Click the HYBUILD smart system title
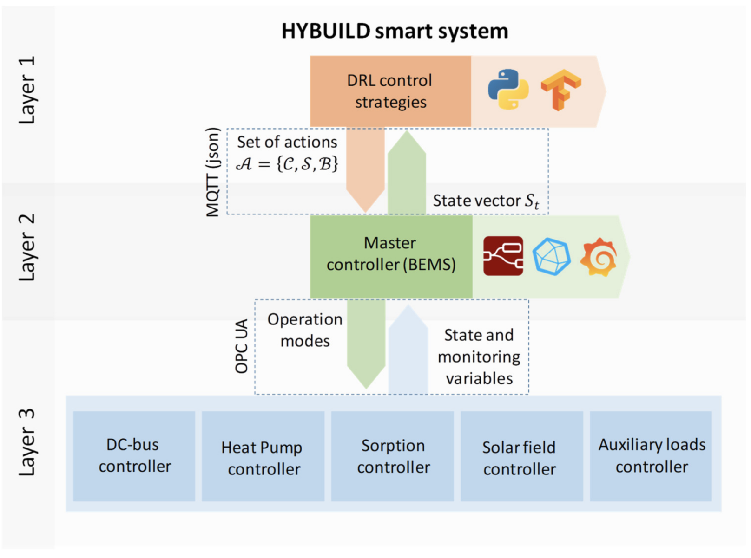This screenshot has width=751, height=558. tap(395, 32)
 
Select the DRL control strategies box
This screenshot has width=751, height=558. tap(390, 91)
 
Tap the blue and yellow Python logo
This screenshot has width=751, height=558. tap(508, 89)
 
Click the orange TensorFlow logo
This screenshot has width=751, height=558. tap(561, 90)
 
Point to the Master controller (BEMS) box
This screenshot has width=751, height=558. tap(391, 257)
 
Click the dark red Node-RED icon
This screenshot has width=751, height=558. tap(503, 256)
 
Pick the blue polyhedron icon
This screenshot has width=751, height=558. tap(552, 257)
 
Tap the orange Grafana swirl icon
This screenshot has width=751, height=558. tap(599, 257)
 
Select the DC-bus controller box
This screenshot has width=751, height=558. tap(134, 456)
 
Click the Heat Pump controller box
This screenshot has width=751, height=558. tap(263, 456)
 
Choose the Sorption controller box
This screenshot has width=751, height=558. tap(392, 456)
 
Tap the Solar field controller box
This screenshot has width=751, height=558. tap(522, 456)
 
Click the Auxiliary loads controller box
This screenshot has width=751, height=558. tap(651, 456)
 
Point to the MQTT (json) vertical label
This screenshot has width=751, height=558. tap(213, 172)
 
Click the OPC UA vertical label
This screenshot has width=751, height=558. tap(242, 346)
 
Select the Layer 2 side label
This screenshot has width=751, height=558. tap(27, 247)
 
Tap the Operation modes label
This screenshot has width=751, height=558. tap(305, 330)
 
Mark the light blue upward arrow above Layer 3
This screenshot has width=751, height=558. tap(408, 349)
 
